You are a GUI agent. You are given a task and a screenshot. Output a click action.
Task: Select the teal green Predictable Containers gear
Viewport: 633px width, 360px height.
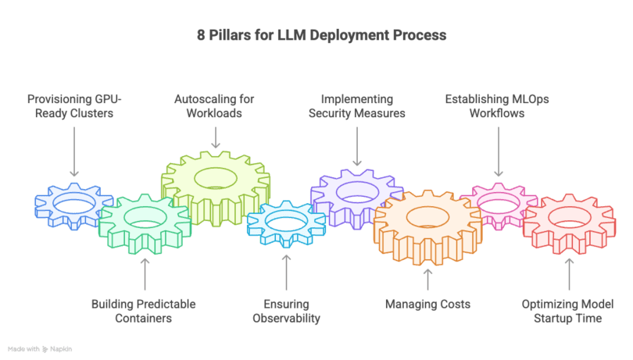[141, 223]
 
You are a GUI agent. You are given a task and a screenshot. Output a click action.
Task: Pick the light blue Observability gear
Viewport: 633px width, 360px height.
[285, 223]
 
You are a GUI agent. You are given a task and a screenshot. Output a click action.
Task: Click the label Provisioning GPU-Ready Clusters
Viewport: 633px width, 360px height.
[74, 106]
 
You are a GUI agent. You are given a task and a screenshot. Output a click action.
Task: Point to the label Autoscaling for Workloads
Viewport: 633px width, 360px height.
[214, 106]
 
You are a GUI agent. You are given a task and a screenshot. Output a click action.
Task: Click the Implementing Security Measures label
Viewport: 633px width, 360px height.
[356, 106]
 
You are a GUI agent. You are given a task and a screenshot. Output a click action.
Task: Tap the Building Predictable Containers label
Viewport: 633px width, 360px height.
[143, 311]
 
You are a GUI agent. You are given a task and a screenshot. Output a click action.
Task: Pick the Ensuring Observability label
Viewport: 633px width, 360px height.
[285, 311]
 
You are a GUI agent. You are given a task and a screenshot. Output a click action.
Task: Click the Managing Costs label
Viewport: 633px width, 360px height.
[427, 304]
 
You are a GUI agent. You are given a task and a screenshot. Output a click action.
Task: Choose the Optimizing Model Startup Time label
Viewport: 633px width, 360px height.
[567, 311]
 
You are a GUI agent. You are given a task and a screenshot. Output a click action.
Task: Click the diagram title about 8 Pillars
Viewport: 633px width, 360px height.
[320, 35]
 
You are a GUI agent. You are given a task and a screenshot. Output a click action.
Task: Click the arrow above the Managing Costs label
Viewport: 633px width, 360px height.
[427, 279]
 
